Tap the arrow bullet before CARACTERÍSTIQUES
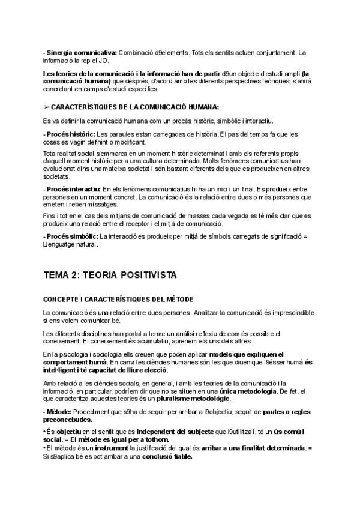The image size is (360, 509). click(x=46, y=107)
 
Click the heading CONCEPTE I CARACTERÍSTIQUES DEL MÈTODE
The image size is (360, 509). click(x=118, y=299)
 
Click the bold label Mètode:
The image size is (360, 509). click(x=59, y=411)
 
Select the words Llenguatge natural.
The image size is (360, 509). click(x=70, y=244)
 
